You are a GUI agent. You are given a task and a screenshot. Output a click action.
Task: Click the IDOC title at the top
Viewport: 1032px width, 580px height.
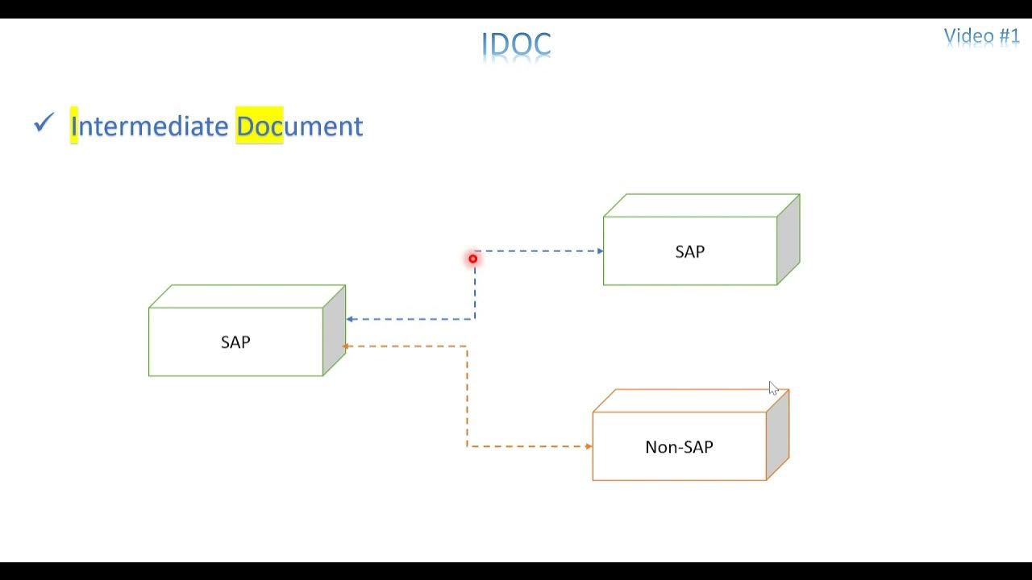pos(516,44)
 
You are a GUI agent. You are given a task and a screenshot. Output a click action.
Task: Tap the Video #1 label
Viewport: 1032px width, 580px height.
pos(981,36)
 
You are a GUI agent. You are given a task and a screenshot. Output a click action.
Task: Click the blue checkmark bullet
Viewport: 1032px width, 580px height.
pos(44,123)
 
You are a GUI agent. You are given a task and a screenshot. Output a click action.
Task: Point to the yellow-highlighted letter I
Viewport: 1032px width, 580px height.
pos(73,125)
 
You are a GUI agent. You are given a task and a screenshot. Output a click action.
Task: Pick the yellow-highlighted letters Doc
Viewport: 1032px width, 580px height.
pos(260,125)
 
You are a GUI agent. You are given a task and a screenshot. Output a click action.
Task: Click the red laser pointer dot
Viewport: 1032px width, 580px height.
pos(473,259)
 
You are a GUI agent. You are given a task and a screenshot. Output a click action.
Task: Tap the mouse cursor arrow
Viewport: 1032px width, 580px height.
pos(773,388)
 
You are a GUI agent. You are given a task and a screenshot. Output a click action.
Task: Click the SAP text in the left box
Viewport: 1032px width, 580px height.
pos(235,342)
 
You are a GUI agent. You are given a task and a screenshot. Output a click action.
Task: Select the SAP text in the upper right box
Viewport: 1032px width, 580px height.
pos(689,252)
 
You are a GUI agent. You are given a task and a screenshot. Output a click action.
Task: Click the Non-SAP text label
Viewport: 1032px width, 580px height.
pos(679,447)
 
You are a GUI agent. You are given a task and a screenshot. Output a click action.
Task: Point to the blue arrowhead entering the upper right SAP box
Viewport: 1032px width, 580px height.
pos(601,251)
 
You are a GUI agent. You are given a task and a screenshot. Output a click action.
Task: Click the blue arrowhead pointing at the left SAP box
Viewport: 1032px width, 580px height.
pos(349,319)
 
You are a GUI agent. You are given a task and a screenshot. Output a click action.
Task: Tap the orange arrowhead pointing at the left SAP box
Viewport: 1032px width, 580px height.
pos(345,346)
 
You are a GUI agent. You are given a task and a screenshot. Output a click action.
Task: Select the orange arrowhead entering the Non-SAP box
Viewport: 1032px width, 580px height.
pos(589,446)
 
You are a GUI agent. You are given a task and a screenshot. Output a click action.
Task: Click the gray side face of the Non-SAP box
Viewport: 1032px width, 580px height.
pos(778,435)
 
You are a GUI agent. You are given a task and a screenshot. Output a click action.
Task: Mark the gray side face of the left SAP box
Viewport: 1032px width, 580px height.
pos(334,330)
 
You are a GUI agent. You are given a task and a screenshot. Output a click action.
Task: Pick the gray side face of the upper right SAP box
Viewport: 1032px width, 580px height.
pos(789,239)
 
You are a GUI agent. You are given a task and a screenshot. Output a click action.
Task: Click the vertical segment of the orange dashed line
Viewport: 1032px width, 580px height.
pos(467,396)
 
